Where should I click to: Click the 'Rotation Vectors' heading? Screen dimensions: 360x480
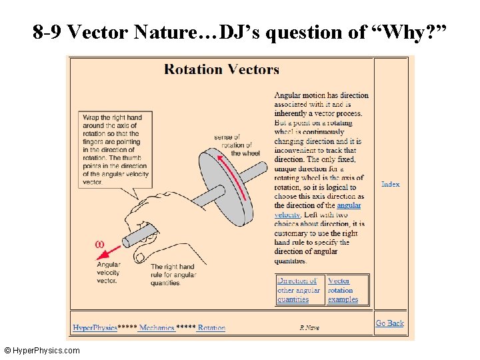pyautogui.click(x=221, y=69)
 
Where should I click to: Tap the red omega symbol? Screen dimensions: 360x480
pyautogui.click(x=100, y=245)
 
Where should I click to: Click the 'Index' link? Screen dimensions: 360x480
pyautogui.click(x=390, y=184)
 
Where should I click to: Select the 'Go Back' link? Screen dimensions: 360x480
pyautogui.click(x=389, y=323)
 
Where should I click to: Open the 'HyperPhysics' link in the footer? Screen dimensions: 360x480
pyautogui.click(x=94, y=328)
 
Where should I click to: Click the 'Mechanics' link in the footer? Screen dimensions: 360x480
pyautogui.click(x=157, y=328)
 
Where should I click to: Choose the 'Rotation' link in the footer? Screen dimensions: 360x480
pyautogui.click(x=211, y=328)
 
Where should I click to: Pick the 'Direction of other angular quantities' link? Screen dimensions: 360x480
pyautogui.click(x=298, y=290)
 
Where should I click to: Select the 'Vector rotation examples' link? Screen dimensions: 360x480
pyautogui.click(x=343, y=290)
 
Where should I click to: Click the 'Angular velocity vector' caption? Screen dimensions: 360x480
pyautogui.click(x=107, y=273)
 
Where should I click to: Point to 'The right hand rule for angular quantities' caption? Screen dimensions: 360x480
pyautogui.click(x=172, y=275)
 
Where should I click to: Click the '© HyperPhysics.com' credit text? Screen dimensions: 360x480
pyautogui.click(x=41, y=351)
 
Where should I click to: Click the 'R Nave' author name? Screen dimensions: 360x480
pyautogui.click(x=309, y=328)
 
